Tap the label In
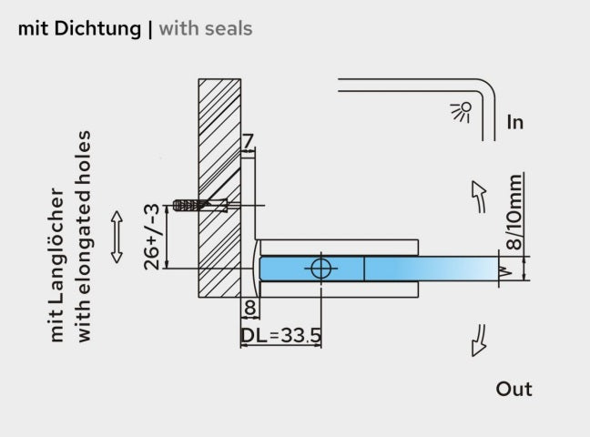click(515, 121)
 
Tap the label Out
click(514, 389)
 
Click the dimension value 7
click(249, 141)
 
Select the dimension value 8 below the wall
click(249, 307)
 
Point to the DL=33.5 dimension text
click(280, 336)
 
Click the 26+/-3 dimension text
click(155, 236)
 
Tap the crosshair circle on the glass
click(321, 268)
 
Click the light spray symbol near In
click(462, 111)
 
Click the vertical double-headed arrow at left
click(116, 237)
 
